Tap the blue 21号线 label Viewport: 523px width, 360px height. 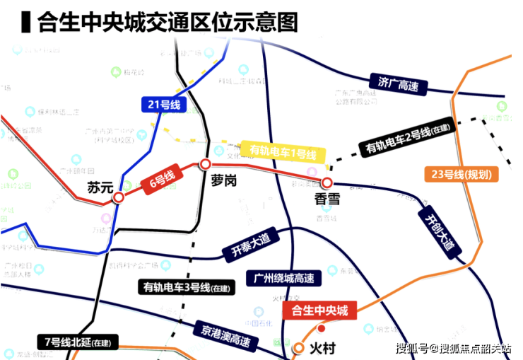pos(163,105)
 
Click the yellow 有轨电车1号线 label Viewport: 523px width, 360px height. pos(283,152)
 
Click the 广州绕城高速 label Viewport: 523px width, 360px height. pos(283,277)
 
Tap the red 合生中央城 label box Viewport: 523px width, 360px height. pos(320,309)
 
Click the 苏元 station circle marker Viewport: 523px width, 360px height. pos(119,198)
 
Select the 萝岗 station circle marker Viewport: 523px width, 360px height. pos(204,165)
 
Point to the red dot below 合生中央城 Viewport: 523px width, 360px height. pos(322,328)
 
